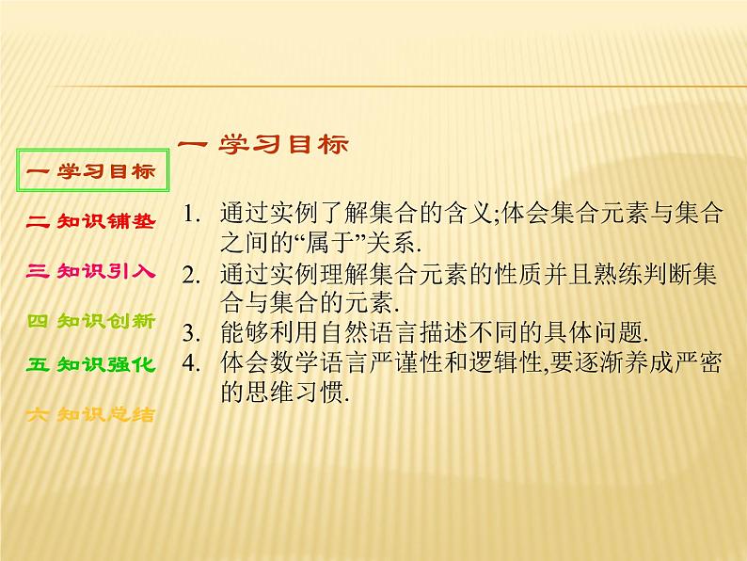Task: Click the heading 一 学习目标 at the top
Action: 262,145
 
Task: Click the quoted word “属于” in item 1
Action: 314,243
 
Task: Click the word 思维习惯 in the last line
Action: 292,394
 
